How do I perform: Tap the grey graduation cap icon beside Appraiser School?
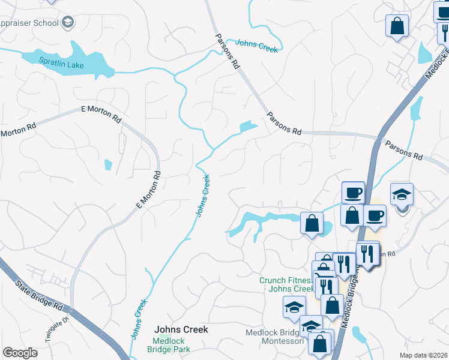pos(68,23)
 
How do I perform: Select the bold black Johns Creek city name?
pos(181,329)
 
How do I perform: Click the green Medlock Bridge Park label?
pos(169,344)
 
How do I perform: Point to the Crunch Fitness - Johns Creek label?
pos(287,284)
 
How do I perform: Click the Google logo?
pos(20,353)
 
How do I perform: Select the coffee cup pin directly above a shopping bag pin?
pos(353,193)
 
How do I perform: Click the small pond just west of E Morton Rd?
pos(108,164)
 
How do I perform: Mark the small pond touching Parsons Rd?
pos(247,127)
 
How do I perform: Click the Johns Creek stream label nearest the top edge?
pos(257,46)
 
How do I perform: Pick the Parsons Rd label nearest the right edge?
pos(403,150)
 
